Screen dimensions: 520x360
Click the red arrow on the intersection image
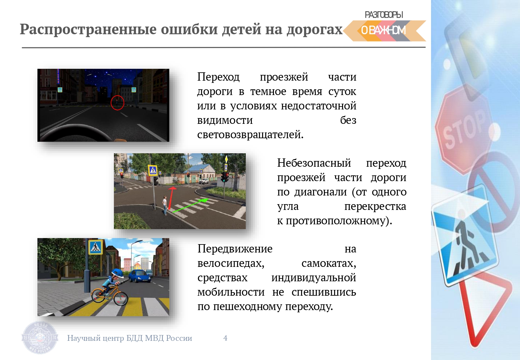pos(172,198)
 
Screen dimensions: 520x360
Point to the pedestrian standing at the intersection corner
pos(165,205)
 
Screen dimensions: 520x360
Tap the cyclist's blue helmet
pos(118,273)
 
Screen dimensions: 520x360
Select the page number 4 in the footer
pos(225,338)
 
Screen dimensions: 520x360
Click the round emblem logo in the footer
pos(40,338)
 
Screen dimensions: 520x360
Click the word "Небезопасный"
pos(314,163)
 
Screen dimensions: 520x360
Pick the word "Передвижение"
pos(235,249)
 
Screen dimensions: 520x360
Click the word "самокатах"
pos(329,263)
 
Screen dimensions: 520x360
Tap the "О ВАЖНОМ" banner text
pos(383,30)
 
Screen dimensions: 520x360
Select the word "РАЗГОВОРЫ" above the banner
pos(384,15)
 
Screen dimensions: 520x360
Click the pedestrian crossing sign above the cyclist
pos(95,247)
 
